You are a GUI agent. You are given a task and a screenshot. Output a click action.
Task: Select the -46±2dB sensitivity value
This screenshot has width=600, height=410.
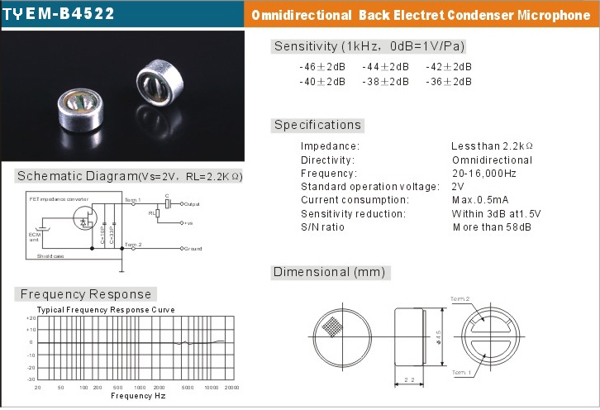(x=322, y=67)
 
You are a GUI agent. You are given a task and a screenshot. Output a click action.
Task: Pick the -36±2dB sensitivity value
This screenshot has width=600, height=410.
(x=449, y=82)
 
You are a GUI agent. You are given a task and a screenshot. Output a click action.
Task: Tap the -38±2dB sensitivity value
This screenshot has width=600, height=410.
(x=385, y=82)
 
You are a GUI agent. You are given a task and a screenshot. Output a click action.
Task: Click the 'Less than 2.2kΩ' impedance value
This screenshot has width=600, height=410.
(x=492, y=146)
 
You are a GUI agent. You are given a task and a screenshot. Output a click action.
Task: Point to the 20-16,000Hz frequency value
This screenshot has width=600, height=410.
(x=484, y=174)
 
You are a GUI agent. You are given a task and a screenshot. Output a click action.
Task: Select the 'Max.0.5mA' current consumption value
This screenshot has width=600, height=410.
(x=480, y=200)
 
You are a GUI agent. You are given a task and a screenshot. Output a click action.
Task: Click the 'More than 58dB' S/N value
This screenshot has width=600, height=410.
(x=492, y=227)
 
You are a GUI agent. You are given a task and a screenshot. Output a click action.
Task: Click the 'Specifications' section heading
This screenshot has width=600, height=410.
(x=318, y=125)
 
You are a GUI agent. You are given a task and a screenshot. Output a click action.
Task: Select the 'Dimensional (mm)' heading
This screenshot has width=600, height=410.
(x=329, y=272)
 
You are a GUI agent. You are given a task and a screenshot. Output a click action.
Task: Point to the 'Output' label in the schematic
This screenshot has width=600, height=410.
(x=192, y=203)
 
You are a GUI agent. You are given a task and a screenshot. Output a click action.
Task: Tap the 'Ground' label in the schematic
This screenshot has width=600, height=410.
(x=192, y=248)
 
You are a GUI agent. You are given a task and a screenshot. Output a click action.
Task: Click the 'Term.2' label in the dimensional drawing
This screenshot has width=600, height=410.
(x=460, y=298)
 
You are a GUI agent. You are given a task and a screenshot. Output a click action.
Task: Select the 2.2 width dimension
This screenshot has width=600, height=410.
(x=408, y=379)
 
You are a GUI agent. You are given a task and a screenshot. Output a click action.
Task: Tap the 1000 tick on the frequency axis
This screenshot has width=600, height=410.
(x=139, y=387)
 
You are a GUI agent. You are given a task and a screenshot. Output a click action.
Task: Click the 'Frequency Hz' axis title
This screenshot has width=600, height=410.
(x=138, y=396)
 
